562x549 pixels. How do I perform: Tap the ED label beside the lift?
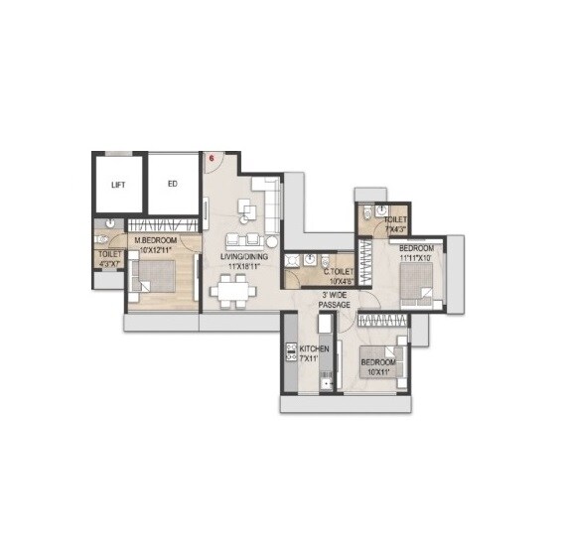coord(172,184)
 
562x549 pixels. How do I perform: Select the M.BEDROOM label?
coord(159,239)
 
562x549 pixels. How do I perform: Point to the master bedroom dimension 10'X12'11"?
coord(159,248)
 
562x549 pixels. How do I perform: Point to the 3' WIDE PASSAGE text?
coord(335,300)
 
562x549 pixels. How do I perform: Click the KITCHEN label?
coord(314,349)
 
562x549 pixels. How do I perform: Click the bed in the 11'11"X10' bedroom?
coord(412,281)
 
